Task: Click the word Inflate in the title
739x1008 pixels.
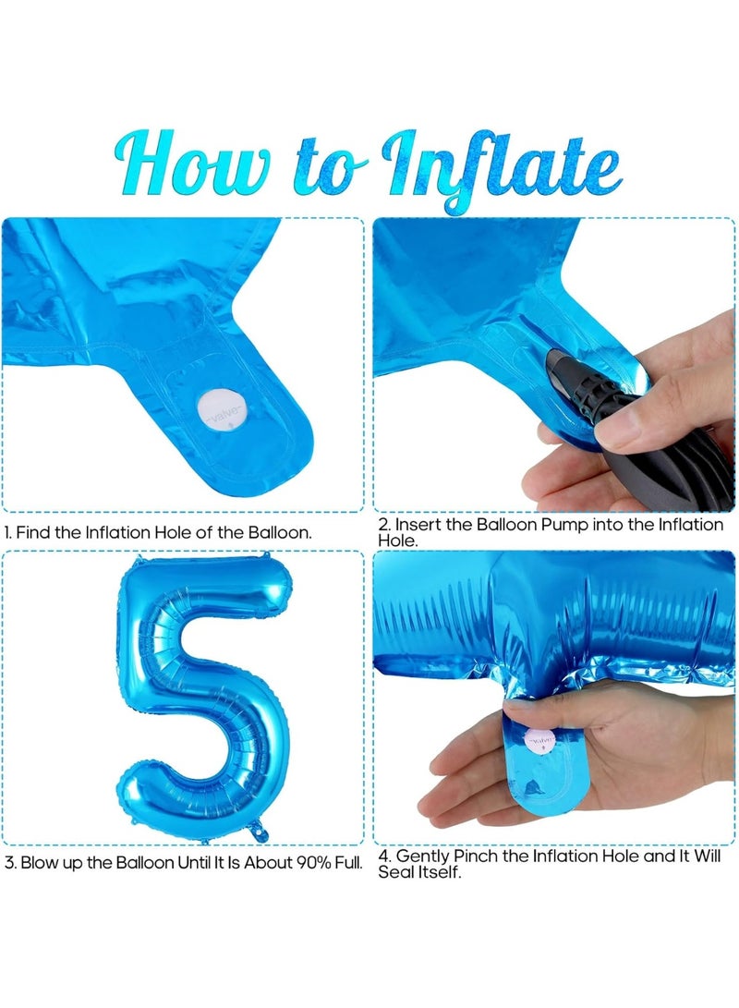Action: [x=502, y=168]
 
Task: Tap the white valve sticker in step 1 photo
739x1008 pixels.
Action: [x=221, y=410]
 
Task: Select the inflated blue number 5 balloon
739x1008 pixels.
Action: [x=203, y=698]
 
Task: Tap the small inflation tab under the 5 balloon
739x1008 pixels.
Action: [x=259, y=833]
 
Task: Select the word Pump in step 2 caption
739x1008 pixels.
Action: [x=564, y=525]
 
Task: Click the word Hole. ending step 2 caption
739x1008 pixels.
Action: [x=398, y=541]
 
